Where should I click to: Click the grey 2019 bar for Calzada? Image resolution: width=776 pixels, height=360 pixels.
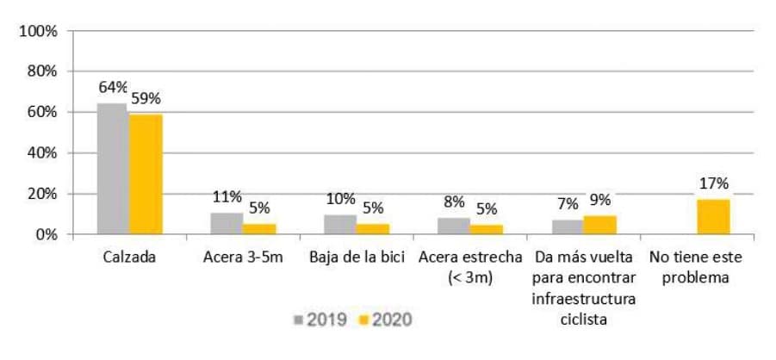(x=113, y=169)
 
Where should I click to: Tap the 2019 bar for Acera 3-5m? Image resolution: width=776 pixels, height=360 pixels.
(x=227, y=223)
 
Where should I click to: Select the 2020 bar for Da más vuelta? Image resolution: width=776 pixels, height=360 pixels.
(x=599, y=225)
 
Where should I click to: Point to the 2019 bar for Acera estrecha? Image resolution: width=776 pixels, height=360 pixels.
(x=454, y=226)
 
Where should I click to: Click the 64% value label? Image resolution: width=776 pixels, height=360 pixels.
(x=113, y=87)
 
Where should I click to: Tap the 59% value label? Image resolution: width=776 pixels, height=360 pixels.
(x=146, y=98)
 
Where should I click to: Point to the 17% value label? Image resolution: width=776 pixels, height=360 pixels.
(x=713, y=183)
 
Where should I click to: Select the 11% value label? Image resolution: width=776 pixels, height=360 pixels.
(x=227, y=196)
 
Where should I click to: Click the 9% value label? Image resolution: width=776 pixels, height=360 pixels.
(x=600, y=200)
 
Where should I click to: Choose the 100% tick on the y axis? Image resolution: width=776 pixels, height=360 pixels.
(x=38, y=31)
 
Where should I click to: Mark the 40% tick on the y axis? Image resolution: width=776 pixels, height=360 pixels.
(x=41, y=152)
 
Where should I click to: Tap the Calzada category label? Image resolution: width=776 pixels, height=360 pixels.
(x=129, y=257)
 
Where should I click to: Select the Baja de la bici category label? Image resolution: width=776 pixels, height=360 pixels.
(x=357, y=257)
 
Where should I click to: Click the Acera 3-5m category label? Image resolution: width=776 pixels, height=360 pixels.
(x=242, y=257)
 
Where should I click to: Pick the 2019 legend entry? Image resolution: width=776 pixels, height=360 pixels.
(x=320, y=320)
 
